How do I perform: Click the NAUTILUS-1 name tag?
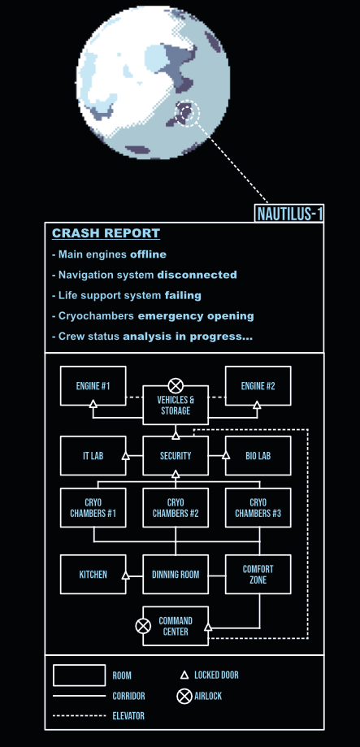point(289,214)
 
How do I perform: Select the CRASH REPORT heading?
point(106,233)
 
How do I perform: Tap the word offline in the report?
point(148,254)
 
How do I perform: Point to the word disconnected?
point(197,275)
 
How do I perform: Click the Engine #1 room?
point(93,386)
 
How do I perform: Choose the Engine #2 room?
point(258,386)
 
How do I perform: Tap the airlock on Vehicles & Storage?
point(176,385)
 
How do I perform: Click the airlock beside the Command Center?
point(143,626)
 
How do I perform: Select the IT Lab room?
point(93,456)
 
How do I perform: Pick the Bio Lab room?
point(258,456)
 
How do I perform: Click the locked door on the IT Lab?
point(126,456)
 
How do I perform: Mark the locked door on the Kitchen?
point(126,575)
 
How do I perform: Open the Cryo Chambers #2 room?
point(176,508)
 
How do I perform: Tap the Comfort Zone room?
point(258,574)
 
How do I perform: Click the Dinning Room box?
point(176,574)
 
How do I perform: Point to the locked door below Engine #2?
point(257,405)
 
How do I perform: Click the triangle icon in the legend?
point(184,675)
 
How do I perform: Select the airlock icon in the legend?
point(184,697)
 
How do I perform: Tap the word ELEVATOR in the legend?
point(128,715)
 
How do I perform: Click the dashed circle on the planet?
point(189,113)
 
